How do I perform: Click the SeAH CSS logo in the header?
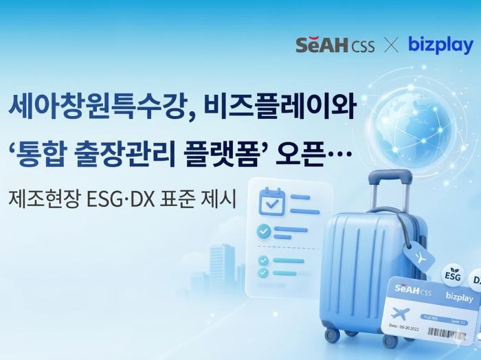tap(335, 46)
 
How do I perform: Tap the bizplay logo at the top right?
tap(440, 45)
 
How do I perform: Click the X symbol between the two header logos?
tap(391, 46)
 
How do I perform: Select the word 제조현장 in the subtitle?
tap(42, 199)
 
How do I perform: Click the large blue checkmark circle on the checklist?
tap(264, 231)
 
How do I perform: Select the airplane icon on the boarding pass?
tap(401, 313)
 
